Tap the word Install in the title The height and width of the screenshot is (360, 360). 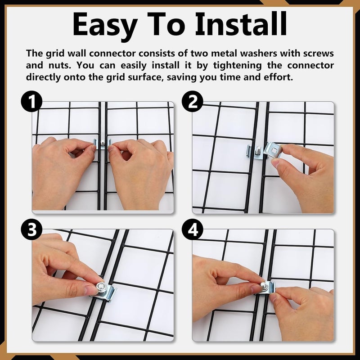coord(241,23)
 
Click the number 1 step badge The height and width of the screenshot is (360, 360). coord(31,102)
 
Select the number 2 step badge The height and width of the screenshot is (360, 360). coord(193,102)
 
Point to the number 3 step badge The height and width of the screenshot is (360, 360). coord(31,229)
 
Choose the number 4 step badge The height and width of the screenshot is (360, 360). coord(193,229)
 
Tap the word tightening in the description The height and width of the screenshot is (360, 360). coord(238,66)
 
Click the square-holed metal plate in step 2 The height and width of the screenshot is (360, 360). coord(273,150)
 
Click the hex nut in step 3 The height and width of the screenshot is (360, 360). coord(101,287)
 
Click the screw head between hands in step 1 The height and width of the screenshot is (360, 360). coord(103,144)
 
